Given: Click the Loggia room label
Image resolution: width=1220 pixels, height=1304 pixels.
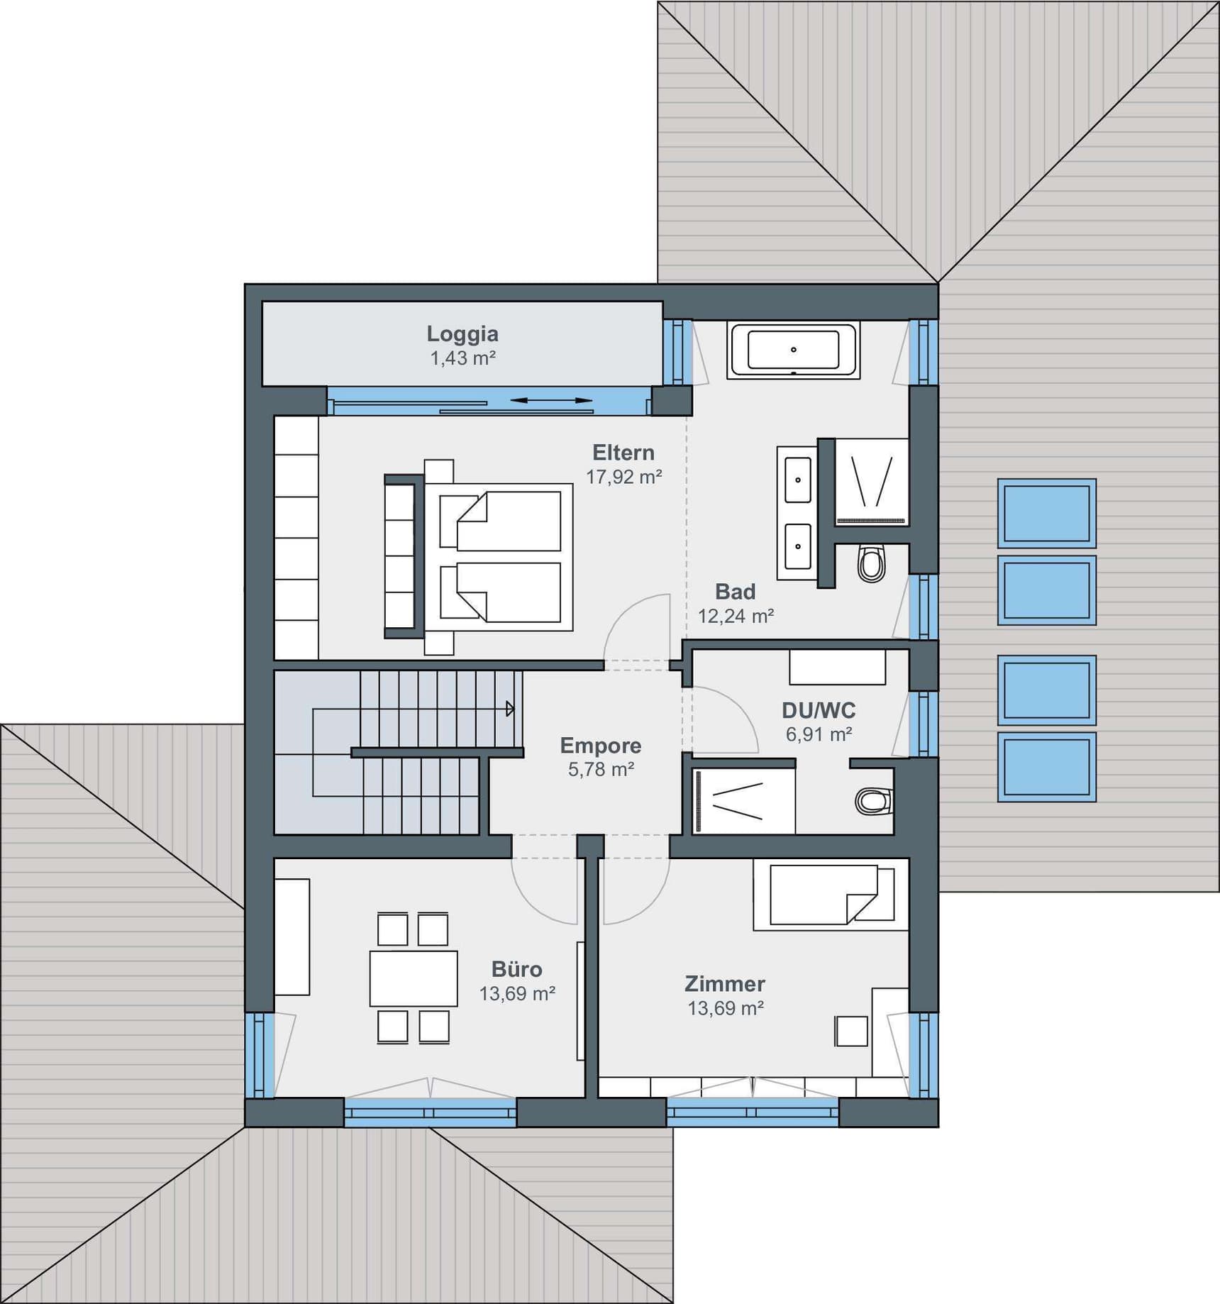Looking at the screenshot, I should pos(462,333).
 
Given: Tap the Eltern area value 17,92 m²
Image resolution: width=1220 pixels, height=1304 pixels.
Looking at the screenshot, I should pos(623,477).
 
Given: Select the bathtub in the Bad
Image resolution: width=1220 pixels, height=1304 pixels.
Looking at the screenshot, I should pos(793,350).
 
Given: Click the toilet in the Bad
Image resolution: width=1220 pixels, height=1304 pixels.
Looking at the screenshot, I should pos(872,563).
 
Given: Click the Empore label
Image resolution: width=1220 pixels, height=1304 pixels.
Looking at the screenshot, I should pos(600,745).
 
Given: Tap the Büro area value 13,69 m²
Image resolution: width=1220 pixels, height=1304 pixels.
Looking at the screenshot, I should pos(516,993).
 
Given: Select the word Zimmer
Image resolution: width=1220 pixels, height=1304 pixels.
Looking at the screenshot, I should pos(724,983).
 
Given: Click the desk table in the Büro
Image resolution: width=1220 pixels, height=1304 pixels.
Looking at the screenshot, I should pos(413,978).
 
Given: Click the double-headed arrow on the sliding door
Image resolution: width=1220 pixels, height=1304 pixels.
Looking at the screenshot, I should pos(551,401).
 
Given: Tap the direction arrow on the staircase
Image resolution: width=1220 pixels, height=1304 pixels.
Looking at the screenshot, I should pos(509,708).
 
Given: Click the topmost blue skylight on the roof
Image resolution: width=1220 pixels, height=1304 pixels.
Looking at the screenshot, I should pos(1046,513).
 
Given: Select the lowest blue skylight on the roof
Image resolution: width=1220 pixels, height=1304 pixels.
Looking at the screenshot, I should pos(1046,767).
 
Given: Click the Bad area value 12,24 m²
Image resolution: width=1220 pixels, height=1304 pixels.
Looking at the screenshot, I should pos(735,616).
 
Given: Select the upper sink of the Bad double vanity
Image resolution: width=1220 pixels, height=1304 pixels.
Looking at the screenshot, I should pos(798,480).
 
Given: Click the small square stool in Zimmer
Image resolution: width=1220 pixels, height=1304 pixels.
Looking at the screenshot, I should pos(851,1031).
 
